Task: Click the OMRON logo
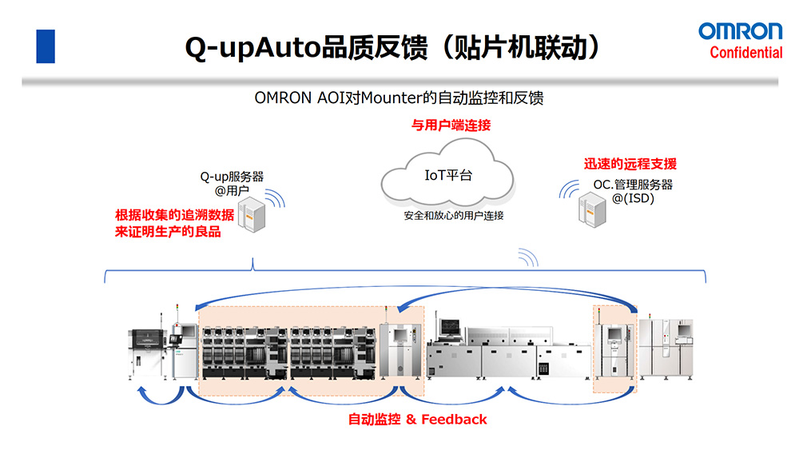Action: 741,31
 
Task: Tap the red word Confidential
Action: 746,53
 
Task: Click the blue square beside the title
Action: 46,46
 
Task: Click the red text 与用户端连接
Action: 451,125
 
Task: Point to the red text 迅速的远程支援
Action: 630,164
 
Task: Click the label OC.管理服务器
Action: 633,185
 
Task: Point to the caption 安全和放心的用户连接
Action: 453,216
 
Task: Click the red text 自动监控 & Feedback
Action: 417,419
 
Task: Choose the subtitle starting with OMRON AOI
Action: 399,98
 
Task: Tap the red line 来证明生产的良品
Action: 168,232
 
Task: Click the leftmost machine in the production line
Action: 148,352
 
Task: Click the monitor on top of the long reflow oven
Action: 449,326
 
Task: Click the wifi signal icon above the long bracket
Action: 527,257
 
